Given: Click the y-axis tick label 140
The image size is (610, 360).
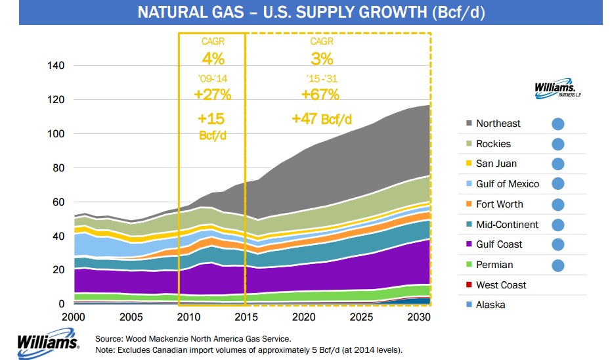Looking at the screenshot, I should [x=56, y=66].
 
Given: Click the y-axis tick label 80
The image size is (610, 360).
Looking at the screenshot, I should [x=58, y=168].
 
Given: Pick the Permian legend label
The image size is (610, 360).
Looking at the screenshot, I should [x=494, y=265].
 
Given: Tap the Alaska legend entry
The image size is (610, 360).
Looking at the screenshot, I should [x=491, y=305].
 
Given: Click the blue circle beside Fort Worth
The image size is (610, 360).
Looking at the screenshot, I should [x=558, y=204].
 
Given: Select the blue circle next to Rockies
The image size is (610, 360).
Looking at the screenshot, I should [x=558, y=144].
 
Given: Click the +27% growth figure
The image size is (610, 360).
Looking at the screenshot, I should [x=212, y=94].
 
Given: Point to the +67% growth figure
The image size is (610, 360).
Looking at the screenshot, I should [x=320, y=94].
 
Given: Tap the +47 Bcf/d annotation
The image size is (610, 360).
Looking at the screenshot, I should [x=322, y=119].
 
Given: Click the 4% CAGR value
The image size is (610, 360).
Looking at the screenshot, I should [x=213, y=58].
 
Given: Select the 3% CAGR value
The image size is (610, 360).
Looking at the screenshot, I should [x=321, y=58].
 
